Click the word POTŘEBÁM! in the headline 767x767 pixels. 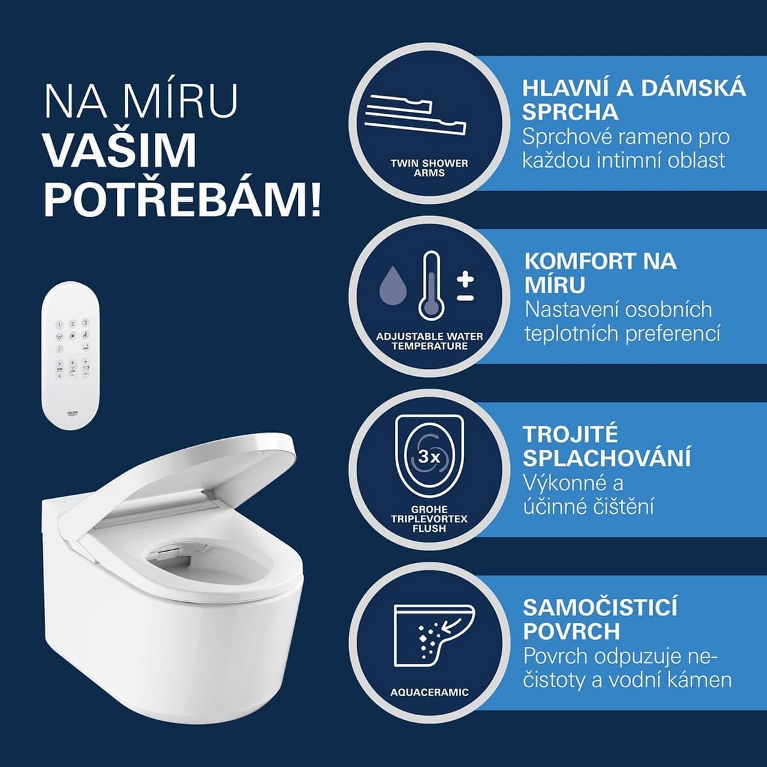tap(182, 198)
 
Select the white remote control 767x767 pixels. tap(71, 355)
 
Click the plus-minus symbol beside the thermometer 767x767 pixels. tap(465, 287)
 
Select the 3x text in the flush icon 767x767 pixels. tap(429, 458)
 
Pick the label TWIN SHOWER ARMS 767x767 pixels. tap(429, 168)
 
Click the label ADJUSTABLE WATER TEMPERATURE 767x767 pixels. tap(430, 341)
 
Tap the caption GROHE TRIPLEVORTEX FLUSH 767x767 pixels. tap(429, 518)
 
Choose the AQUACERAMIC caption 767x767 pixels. tap(429, 692)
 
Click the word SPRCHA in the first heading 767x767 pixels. tap(570, 112)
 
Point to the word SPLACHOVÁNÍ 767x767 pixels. tap(607, 458)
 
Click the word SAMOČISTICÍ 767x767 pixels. tap(600, 607)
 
